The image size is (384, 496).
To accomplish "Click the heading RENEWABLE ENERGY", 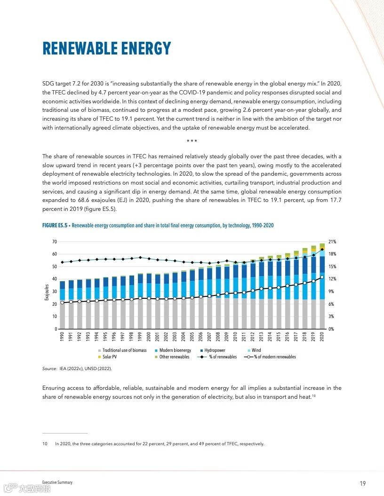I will (x=106, y=48).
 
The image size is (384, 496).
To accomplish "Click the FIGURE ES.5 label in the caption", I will (x=55, y=226).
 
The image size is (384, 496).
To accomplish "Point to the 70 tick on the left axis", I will (x=54, y=242).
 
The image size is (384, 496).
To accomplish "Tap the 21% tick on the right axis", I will (x=332, y=242).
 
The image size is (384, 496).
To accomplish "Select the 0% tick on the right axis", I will (x=331, y=329).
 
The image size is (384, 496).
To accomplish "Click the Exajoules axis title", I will (x=47, y=292).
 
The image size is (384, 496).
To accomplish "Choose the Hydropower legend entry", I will (x=215, y=350).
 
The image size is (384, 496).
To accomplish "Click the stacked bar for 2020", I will (x=322, y=287).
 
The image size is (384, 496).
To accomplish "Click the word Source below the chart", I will (x=49, y=369).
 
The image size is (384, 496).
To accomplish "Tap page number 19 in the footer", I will (x=363, y=484).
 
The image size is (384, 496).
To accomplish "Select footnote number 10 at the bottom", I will (x=45, y=444).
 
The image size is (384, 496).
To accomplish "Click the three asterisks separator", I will (x=192, y=141).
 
